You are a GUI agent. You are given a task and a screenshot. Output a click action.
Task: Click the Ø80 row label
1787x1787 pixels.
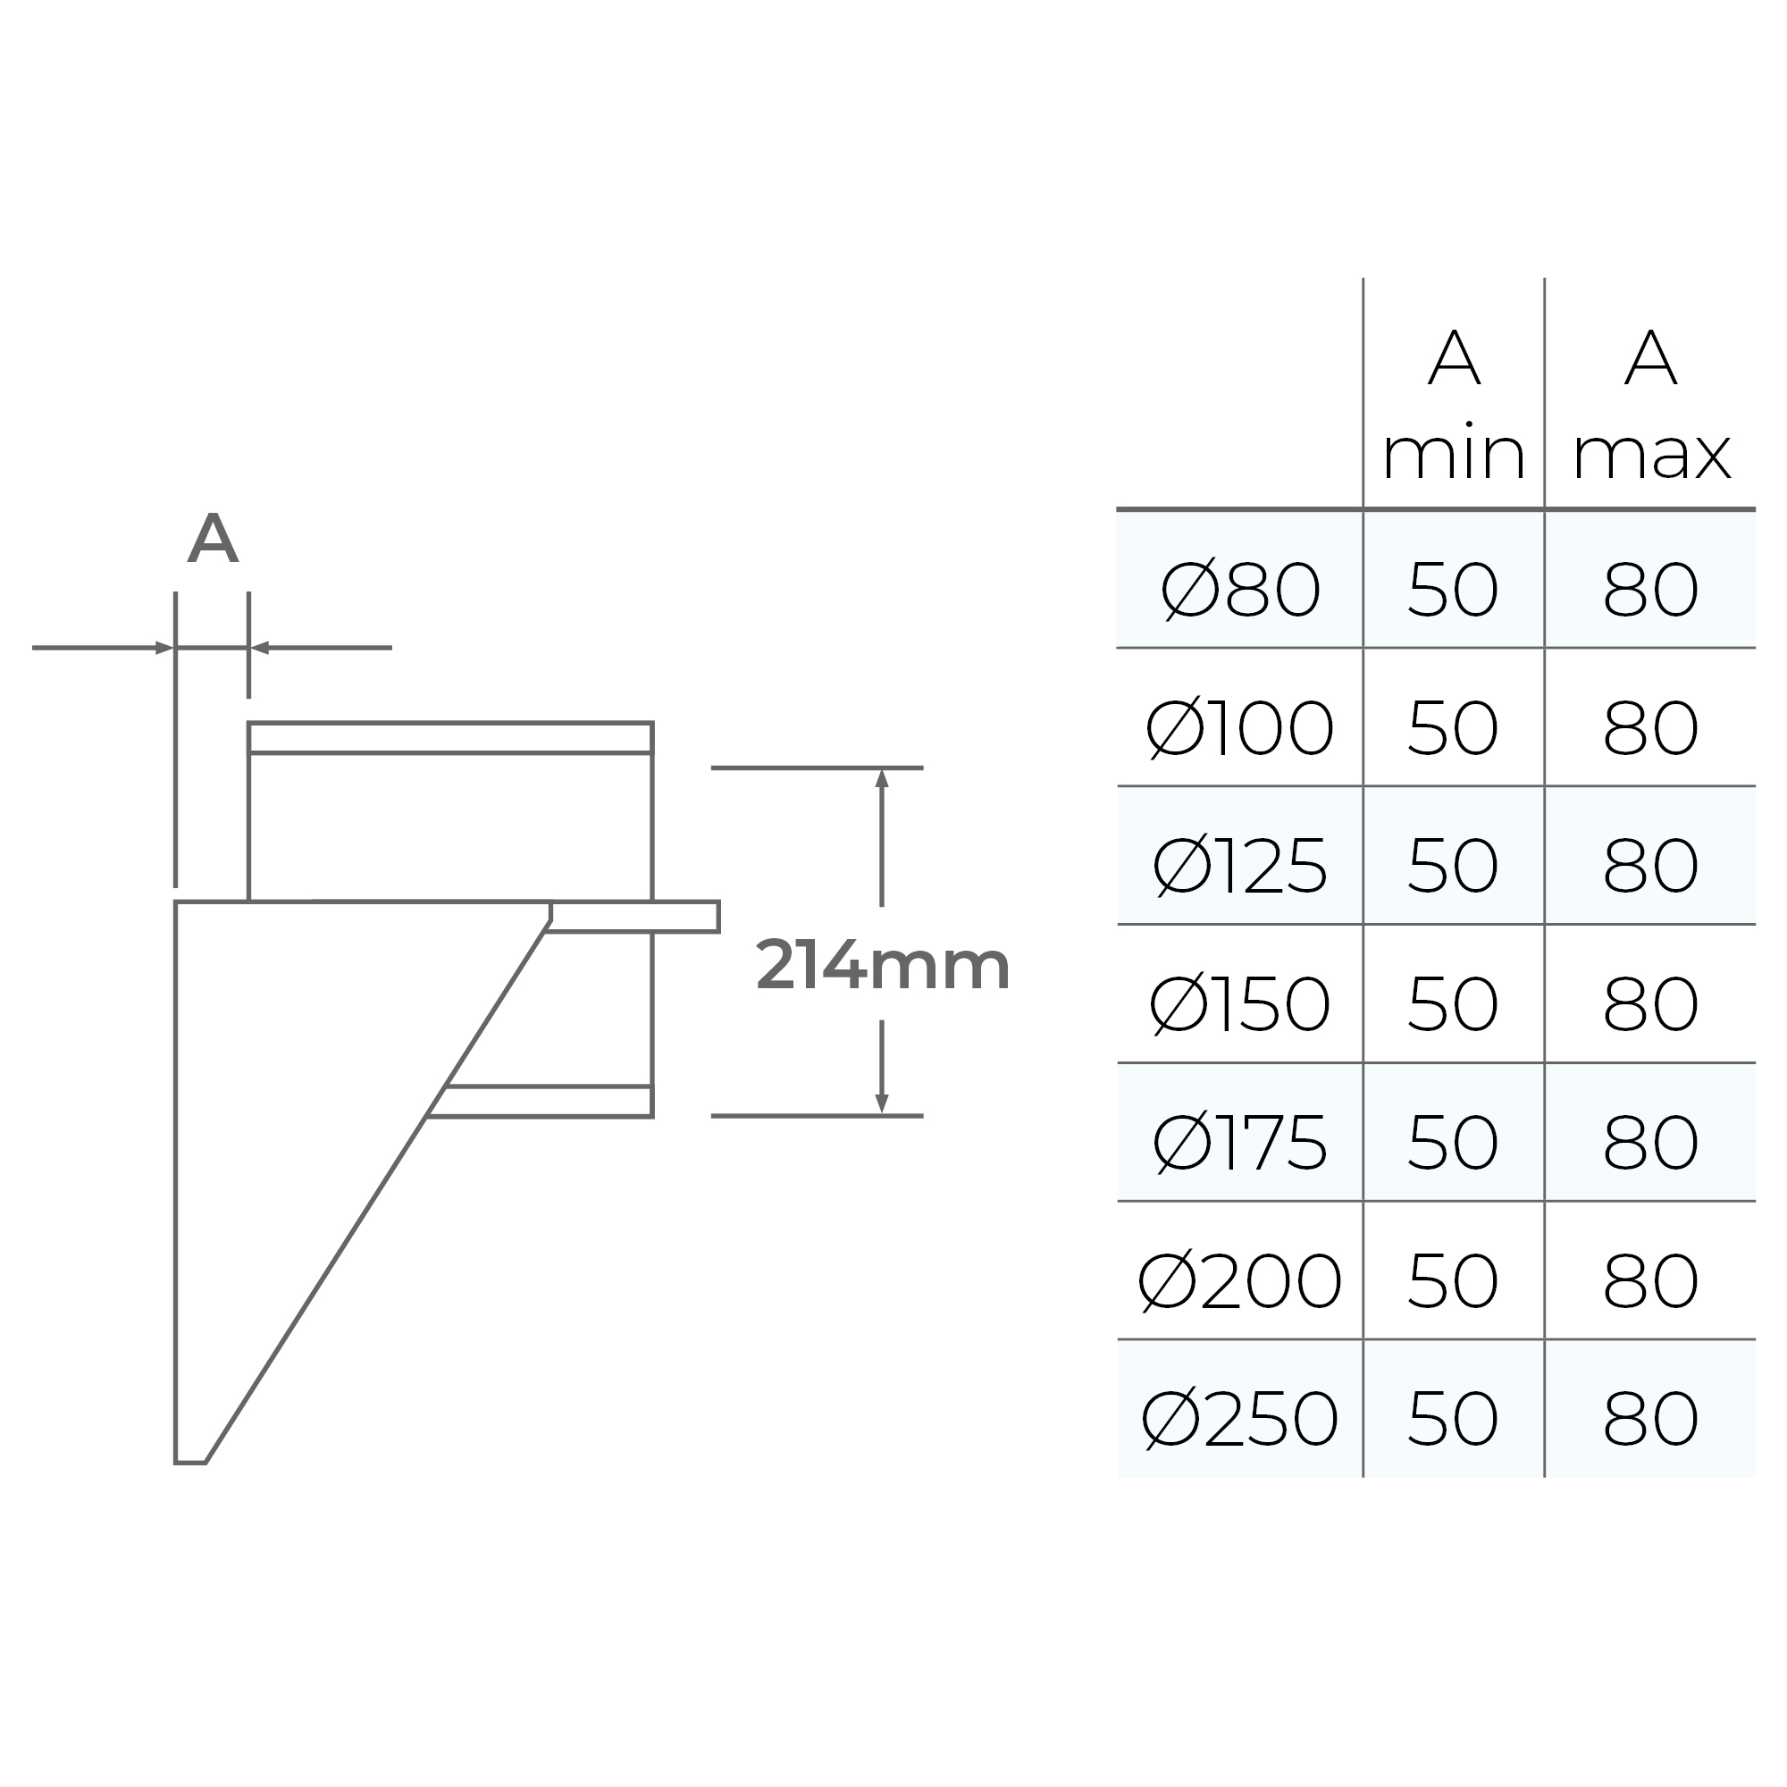pyautogui.click(x=1240, y=589)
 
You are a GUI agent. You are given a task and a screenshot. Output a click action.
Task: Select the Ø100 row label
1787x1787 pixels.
pyautogui.click(x=1239, y=728)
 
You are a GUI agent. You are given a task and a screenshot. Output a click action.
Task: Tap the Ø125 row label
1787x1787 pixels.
pyautogui.click(x=1239, y=866)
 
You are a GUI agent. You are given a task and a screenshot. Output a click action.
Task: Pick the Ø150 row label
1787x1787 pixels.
pyautogui.click(x=1239, y=1003)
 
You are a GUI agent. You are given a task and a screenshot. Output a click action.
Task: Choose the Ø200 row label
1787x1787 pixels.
pyautogui.click(x=1239, y=1280)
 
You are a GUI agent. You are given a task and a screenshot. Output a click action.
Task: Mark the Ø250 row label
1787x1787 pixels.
pyautogui.click(x=1239, y=1418)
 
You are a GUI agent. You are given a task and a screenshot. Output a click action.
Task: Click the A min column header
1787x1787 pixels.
pyautogui.click(x=1453, y=407)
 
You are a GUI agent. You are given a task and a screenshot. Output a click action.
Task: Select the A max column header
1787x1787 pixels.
pyautogui.click(x=1651, y=407)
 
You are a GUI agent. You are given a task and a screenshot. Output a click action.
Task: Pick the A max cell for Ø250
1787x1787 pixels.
pyautogui.click(x=1651, y=1418)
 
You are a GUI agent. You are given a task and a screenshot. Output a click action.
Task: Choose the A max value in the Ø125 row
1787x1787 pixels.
pyautogui.click(x=1651, y=866)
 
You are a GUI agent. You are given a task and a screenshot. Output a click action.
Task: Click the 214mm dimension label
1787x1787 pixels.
pyautogui.click(x=883, y=966)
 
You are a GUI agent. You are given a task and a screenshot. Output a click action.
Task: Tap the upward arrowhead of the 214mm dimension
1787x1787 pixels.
pyautogui.click(x=882, y=778)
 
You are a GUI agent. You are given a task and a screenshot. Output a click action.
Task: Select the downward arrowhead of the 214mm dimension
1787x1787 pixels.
pyautogui.click(x=882, y=1103)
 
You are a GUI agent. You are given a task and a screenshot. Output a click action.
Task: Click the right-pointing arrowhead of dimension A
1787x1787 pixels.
pyautogui.click(x=164, y=648)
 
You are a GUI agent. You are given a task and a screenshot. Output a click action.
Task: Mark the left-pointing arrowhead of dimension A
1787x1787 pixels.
pyautogui.click(x=260, y=648)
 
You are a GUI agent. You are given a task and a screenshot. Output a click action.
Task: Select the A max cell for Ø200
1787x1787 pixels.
pyautogui.click(x=1651, y=1280)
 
